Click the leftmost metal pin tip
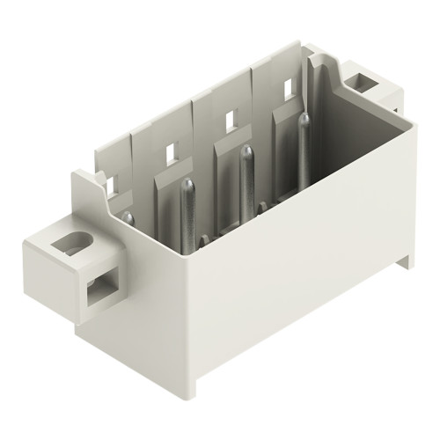[128, 216]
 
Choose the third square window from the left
[228, 116]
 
